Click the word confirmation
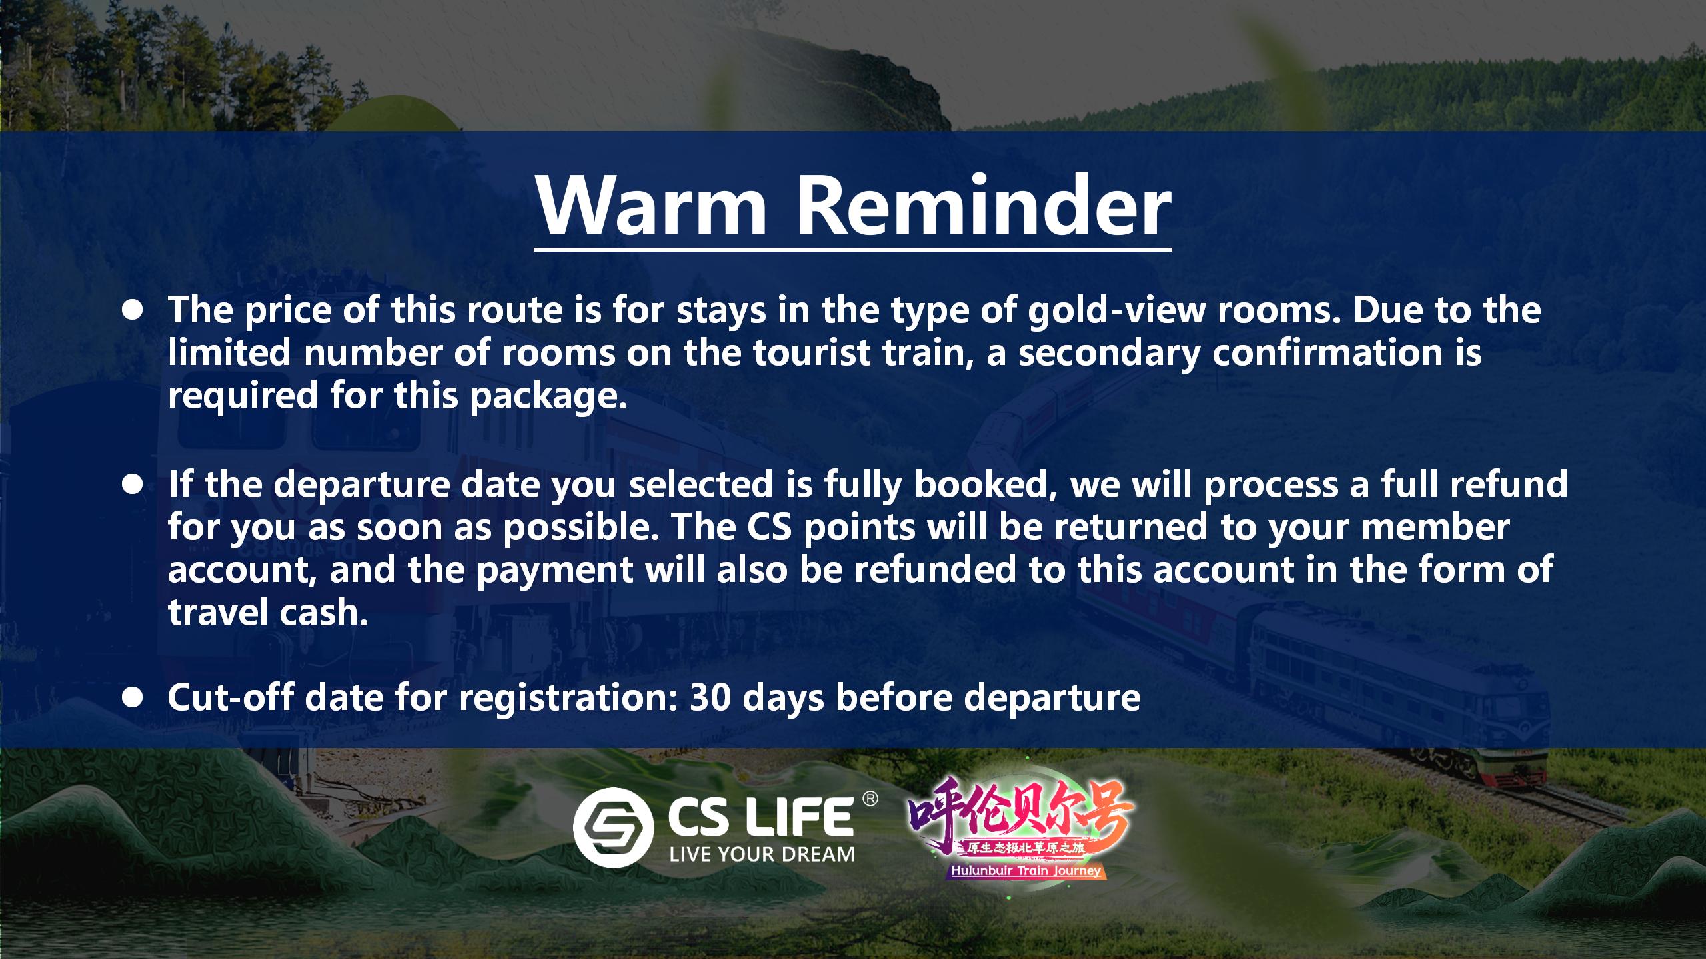[1326, 353]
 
